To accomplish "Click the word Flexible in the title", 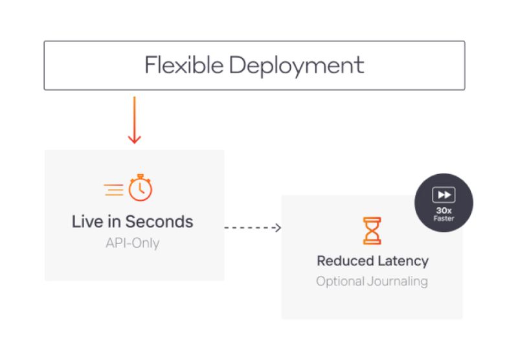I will tap(183, 65).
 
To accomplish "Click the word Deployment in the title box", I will tap(297, 66).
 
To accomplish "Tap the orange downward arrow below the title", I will tap(134, 120).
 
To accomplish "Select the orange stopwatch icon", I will tap(140, 188).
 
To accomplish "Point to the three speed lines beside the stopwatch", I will tap(114, 189).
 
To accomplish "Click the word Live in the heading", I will tap(87, 221).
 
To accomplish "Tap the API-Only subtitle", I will tap(132, 243).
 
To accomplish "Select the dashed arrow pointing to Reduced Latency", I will tap(253, 227).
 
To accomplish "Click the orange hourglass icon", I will tap(372, 231).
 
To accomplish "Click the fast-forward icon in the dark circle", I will tap(444, 195).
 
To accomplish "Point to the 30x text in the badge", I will tap(444, 210).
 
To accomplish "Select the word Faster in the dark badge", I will tap(444, 218).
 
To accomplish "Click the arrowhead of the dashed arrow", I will tap(278, 227).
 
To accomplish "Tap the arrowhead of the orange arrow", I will tap(134, 139).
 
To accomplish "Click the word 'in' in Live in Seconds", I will tap(114, 221).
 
